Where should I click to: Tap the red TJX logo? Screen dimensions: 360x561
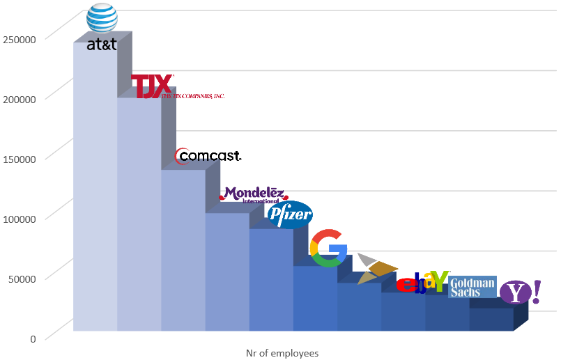(152, 86)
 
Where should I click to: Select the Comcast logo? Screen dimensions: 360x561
(208, 157)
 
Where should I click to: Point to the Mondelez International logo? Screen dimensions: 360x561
(252, 194)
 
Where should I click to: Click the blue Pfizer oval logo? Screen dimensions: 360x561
(290, 214)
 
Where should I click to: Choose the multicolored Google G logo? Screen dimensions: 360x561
(328, 248)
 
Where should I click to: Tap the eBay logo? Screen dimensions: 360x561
(422, 282)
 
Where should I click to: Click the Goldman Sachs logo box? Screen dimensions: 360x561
(472, 287)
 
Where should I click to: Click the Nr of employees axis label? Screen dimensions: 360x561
(282, 353)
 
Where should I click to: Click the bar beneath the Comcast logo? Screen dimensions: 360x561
(183, 251)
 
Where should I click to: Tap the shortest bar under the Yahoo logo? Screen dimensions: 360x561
(491, 319)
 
